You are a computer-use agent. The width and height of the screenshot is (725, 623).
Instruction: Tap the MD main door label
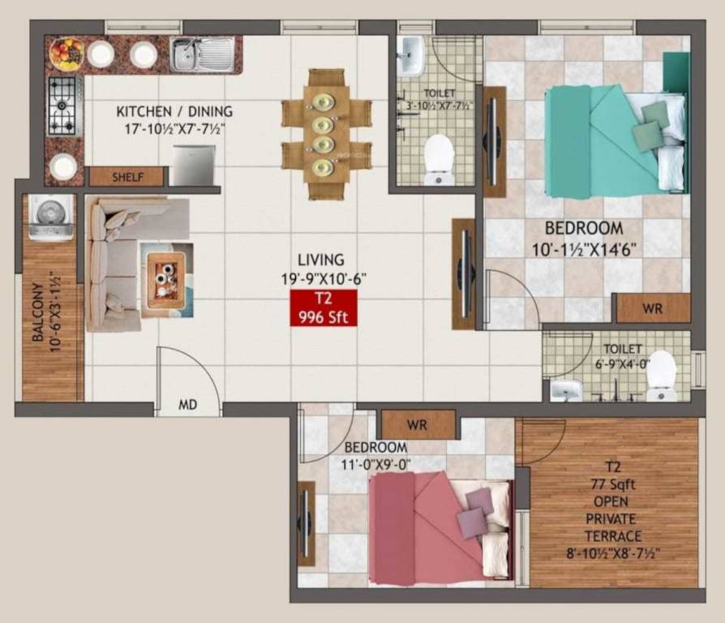(187, 405)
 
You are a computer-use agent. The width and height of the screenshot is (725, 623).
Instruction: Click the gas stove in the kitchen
(63, 105)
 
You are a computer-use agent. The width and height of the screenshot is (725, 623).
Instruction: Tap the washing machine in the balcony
(52, 217)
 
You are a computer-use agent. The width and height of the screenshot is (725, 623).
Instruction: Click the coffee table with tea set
(167, 277)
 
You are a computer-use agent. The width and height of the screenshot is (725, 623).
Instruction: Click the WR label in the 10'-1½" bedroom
(652, 308)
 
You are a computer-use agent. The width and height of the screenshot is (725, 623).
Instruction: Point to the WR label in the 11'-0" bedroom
(417, 424)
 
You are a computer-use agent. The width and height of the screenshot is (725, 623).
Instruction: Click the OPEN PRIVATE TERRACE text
(614, 519)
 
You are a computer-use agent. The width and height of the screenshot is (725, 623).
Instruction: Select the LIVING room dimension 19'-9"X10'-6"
(321, 277)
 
